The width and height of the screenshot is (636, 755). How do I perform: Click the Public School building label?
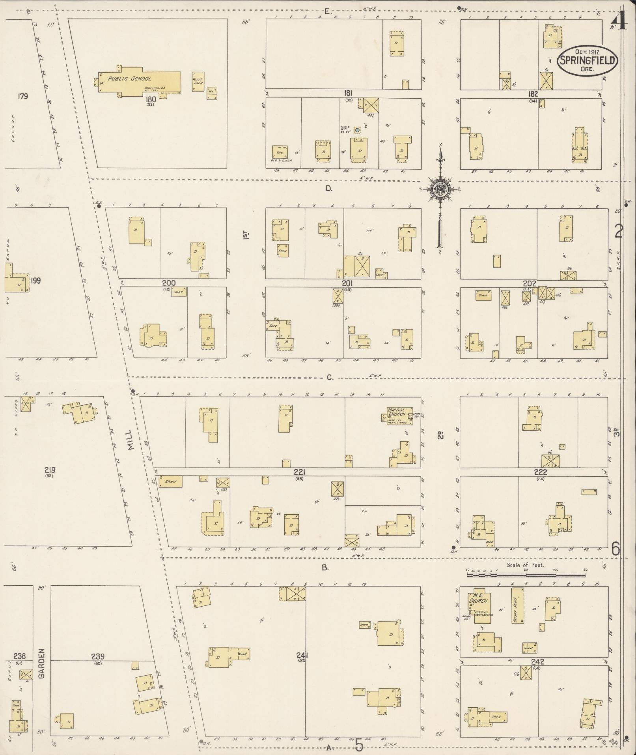[130, 79]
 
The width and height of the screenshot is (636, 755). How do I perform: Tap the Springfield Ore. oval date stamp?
[587, 60]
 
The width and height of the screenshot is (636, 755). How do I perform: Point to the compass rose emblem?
[439, 189]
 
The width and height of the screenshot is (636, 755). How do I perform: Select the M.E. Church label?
[479, 601]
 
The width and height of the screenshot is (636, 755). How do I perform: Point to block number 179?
[22, 96]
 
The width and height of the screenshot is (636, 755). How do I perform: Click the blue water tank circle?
[357, 130]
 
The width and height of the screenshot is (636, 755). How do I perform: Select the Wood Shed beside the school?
[197, 81]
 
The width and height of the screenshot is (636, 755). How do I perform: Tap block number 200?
[168, 283]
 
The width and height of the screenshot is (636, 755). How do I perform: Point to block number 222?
[540, 472]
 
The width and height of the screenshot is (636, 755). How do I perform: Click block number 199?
[36, 281]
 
